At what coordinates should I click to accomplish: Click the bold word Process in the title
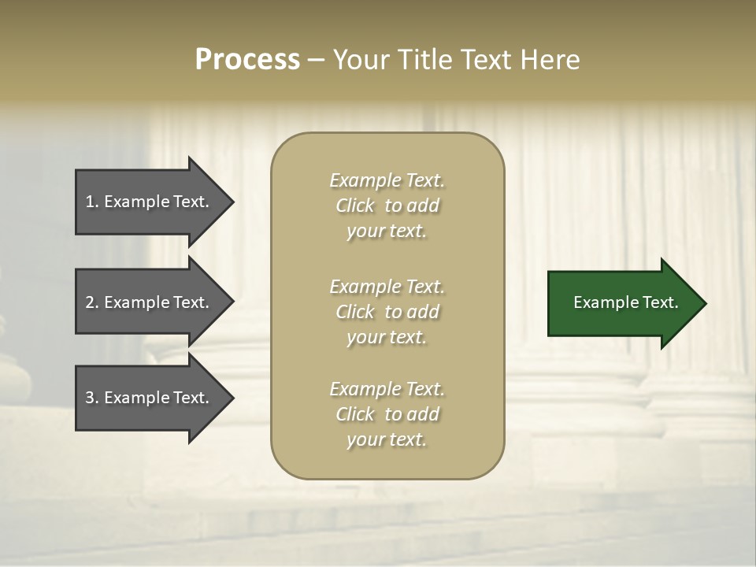pos(247,60)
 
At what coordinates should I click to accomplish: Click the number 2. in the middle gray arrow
pos(92,302)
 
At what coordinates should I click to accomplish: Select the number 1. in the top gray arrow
pos(92,202)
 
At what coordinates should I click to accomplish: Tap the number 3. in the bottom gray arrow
pos(92,398)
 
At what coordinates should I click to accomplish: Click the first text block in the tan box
pos(387,206)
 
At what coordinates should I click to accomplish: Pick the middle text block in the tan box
pos(387,312)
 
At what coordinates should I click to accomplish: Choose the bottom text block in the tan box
pos(387,414)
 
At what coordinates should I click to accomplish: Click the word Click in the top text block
pos(355,206)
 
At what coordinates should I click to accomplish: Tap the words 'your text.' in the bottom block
pos(387,439)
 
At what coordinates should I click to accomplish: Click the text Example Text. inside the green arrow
pos(625,302)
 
